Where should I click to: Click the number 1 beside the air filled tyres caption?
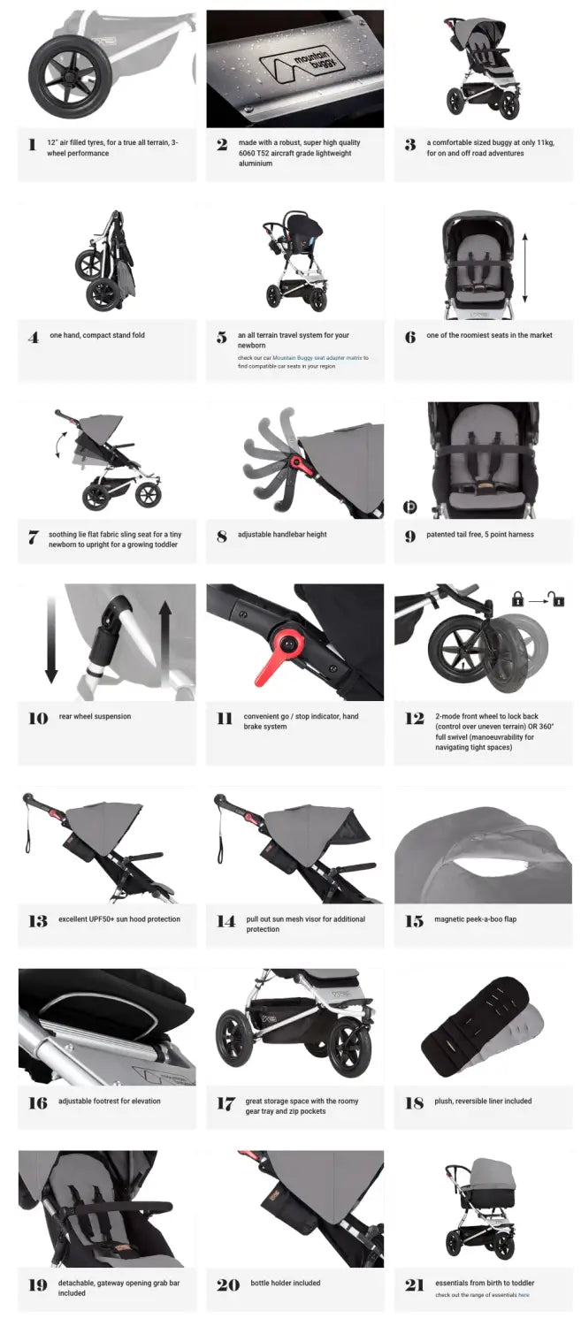point(32,144)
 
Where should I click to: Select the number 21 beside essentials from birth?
point(414,1285)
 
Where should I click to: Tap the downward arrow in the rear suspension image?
point(51,640)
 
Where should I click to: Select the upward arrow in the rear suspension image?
point(165,644)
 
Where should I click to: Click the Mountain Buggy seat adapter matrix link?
point(317,357)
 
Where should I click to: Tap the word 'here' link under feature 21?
point(524,1295)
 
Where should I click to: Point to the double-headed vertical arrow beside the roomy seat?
point(524,268)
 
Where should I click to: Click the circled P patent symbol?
point(409,507)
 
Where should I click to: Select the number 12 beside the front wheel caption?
point(414,719)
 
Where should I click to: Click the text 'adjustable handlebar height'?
point(282,534)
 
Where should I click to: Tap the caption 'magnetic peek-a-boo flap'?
point(475,919)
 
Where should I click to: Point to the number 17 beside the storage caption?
point(226,1103)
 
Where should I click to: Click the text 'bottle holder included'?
point(285,1283)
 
